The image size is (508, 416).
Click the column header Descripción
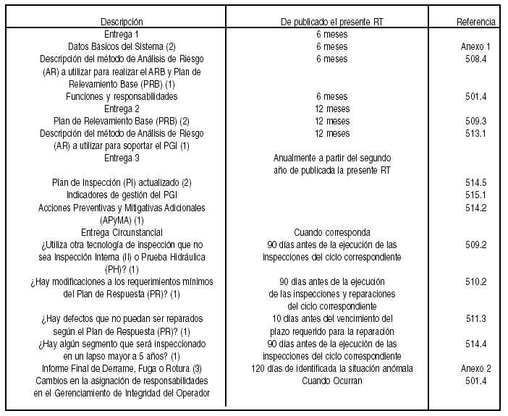pos(122,22)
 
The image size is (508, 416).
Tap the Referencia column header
pos(475,22)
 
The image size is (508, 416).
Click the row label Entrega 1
pos(122,34)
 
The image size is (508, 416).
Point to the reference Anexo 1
pos(475,46)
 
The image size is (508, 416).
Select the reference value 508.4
pos(475,59)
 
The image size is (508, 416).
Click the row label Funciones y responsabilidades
pos(122,96)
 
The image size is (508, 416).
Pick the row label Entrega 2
pos(122,109)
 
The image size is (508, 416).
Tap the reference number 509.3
pos(475,121)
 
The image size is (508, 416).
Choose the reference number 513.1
pos(475,133)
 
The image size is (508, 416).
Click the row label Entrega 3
pos(122,158)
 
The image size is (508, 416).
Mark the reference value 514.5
pos(475,182)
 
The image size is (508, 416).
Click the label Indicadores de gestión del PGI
pos(122,195)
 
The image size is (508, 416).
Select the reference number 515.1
pos(475,195)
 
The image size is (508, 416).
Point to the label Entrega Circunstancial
pos(122,232)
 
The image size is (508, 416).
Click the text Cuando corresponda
pos(332,232)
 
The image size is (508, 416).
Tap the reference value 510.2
pos(475,281)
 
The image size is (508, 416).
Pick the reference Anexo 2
pos(475,368)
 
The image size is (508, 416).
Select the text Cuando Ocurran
pos(332,381)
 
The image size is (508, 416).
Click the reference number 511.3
pos(475,319)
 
